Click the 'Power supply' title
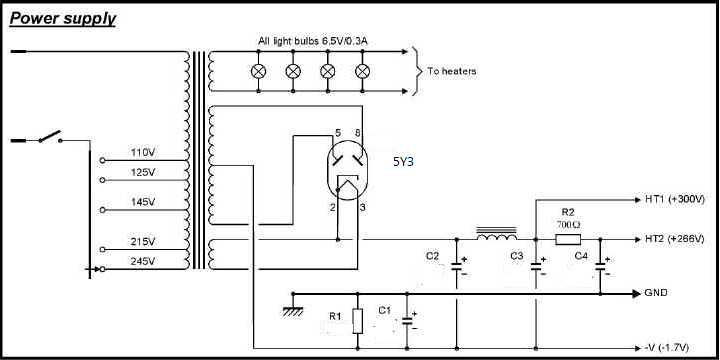[62, 19]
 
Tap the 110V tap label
[143, 152]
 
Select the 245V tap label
[143, 262]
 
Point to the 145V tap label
[143, 202]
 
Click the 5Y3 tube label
[403, 162]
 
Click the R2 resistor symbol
[568, 239]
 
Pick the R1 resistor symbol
[358, 321]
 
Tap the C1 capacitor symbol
[407, 321]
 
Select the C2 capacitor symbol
[457, 266]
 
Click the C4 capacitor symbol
[600, 266]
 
